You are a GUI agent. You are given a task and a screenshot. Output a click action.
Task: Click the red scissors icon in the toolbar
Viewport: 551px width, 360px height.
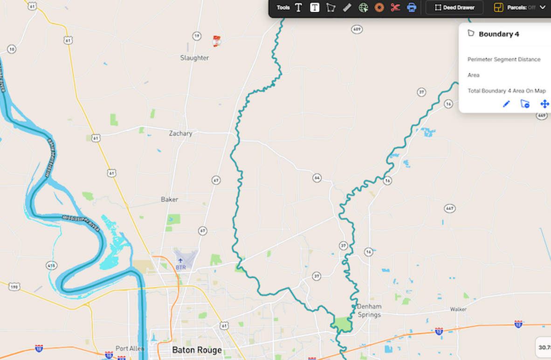pos(395,7)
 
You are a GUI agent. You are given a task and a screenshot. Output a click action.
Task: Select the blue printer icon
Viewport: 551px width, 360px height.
pos(411,7)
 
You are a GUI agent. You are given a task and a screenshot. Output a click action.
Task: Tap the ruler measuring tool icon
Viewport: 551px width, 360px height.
pos(347,7)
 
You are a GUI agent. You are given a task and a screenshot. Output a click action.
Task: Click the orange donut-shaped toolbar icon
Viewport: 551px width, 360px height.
pos(379,7)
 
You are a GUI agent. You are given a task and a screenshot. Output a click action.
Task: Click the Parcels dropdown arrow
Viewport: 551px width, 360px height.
pos(543,7)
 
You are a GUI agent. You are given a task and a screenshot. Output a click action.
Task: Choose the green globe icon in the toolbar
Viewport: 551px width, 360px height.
pos(363,7)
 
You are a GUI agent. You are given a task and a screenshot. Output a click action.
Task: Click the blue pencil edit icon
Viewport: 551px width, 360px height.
pos(506,104)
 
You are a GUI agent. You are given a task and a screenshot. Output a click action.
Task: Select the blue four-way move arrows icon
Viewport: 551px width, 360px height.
pos(544,104)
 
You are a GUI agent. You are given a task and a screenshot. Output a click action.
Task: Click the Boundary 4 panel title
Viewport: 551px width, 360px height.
pos(499,34)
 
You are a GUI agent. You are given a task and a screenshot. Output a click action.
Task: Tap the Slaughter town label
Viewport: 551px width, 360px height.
pos(194,58)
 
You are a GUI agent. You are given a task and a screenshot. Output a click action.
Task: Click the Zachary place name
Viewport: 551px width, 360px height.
pos(180,133)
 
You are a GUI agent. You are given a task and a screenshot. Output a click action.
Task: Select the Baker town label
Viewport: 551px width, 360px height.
pos(169,199)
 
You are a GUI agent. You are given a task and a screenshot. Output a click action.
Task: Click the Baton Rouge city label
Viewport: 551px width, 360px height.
pos(197,350)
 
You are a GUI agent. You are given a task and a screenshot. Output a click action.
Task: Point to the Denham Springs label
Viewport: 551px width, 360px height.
pos(369,311)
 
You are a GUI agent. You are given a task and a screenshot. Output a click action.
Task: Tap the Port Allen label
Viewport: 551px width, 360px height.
pos(130,348)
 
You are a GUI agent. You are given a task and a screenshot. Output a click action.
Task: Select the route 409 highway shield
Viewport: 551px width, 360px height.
pos(357,29)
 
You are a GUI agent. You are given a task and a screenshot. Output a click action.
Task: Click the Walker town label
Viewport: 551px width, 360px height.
pos(458,309)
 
